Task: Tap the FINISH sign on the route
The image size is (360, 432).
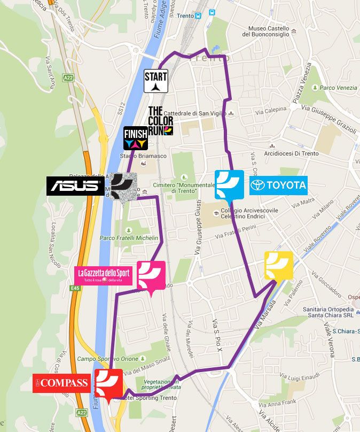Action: click(x=135, y=138)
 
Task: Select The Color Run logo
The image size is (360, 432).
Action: click(x=160, y=120)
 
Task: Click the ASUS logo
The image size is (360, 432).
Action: click(x=75, y=186)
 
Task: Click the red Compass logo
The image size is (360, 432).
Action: click(x=61, y=382)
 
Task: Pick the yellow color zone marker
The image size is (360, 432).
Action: click(x=279, y=265)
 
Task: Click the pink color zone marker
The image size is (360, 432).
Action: click(x=151, y=276)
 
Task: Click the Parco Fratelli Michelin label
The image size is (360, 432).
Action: click(x=129, y=237)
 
